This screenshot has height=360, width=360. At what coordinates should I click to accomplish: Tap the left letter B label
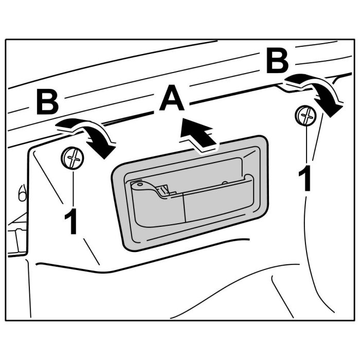47,103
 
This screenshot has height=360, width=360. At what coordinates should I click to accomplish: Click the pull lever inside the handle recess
190,201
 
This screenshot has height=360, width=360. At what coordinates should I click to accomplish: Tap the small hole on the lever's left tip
137,184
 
